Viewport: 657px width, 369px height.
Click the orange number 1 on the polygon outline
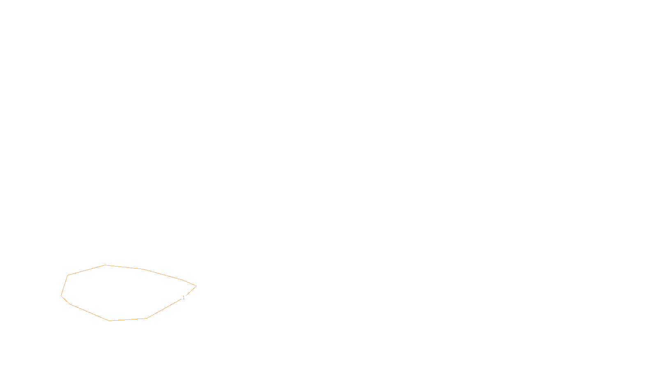point(184,298)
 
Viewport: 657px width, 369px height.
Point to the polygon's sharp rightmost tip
point(196,286)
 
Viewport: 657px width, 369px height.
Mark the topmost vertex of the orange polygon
point(106,265)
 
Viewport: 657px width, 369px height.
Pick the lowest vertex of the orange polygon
point(110,321)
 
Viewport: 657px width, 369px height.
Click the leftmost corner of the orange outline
point(61,296)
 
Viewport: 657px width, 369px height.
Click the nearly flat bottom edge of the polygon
point(128,319)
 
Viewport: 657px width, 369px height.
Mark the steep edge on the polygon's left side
point(64,285)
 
